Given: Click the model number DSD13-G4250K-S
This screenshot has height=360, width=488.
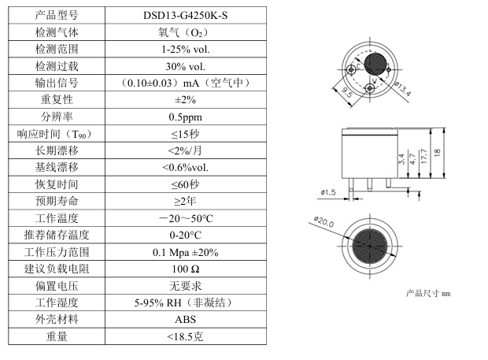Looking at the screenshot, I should click(186, 15).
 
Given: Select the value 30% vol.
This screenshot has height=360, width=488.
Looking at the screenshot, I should click(186, 65).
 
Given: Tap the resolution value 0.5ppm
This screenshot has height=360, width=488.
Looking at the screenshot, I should click(186, 117).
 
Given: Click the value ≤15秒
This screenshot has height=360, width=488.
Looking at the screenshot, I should click(186, 134).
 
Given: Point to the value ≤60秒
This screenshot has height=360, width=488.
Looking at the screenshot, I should click(186, 184).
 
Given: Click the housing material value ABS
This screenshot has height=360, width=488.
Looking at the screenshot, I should click(186, 320).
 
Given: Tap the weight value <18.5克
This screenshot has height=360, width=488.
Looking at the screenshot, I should click(186, 337).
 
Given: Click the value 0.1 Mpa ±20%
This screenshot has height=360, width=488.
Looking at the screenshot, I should click(186, 252).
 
